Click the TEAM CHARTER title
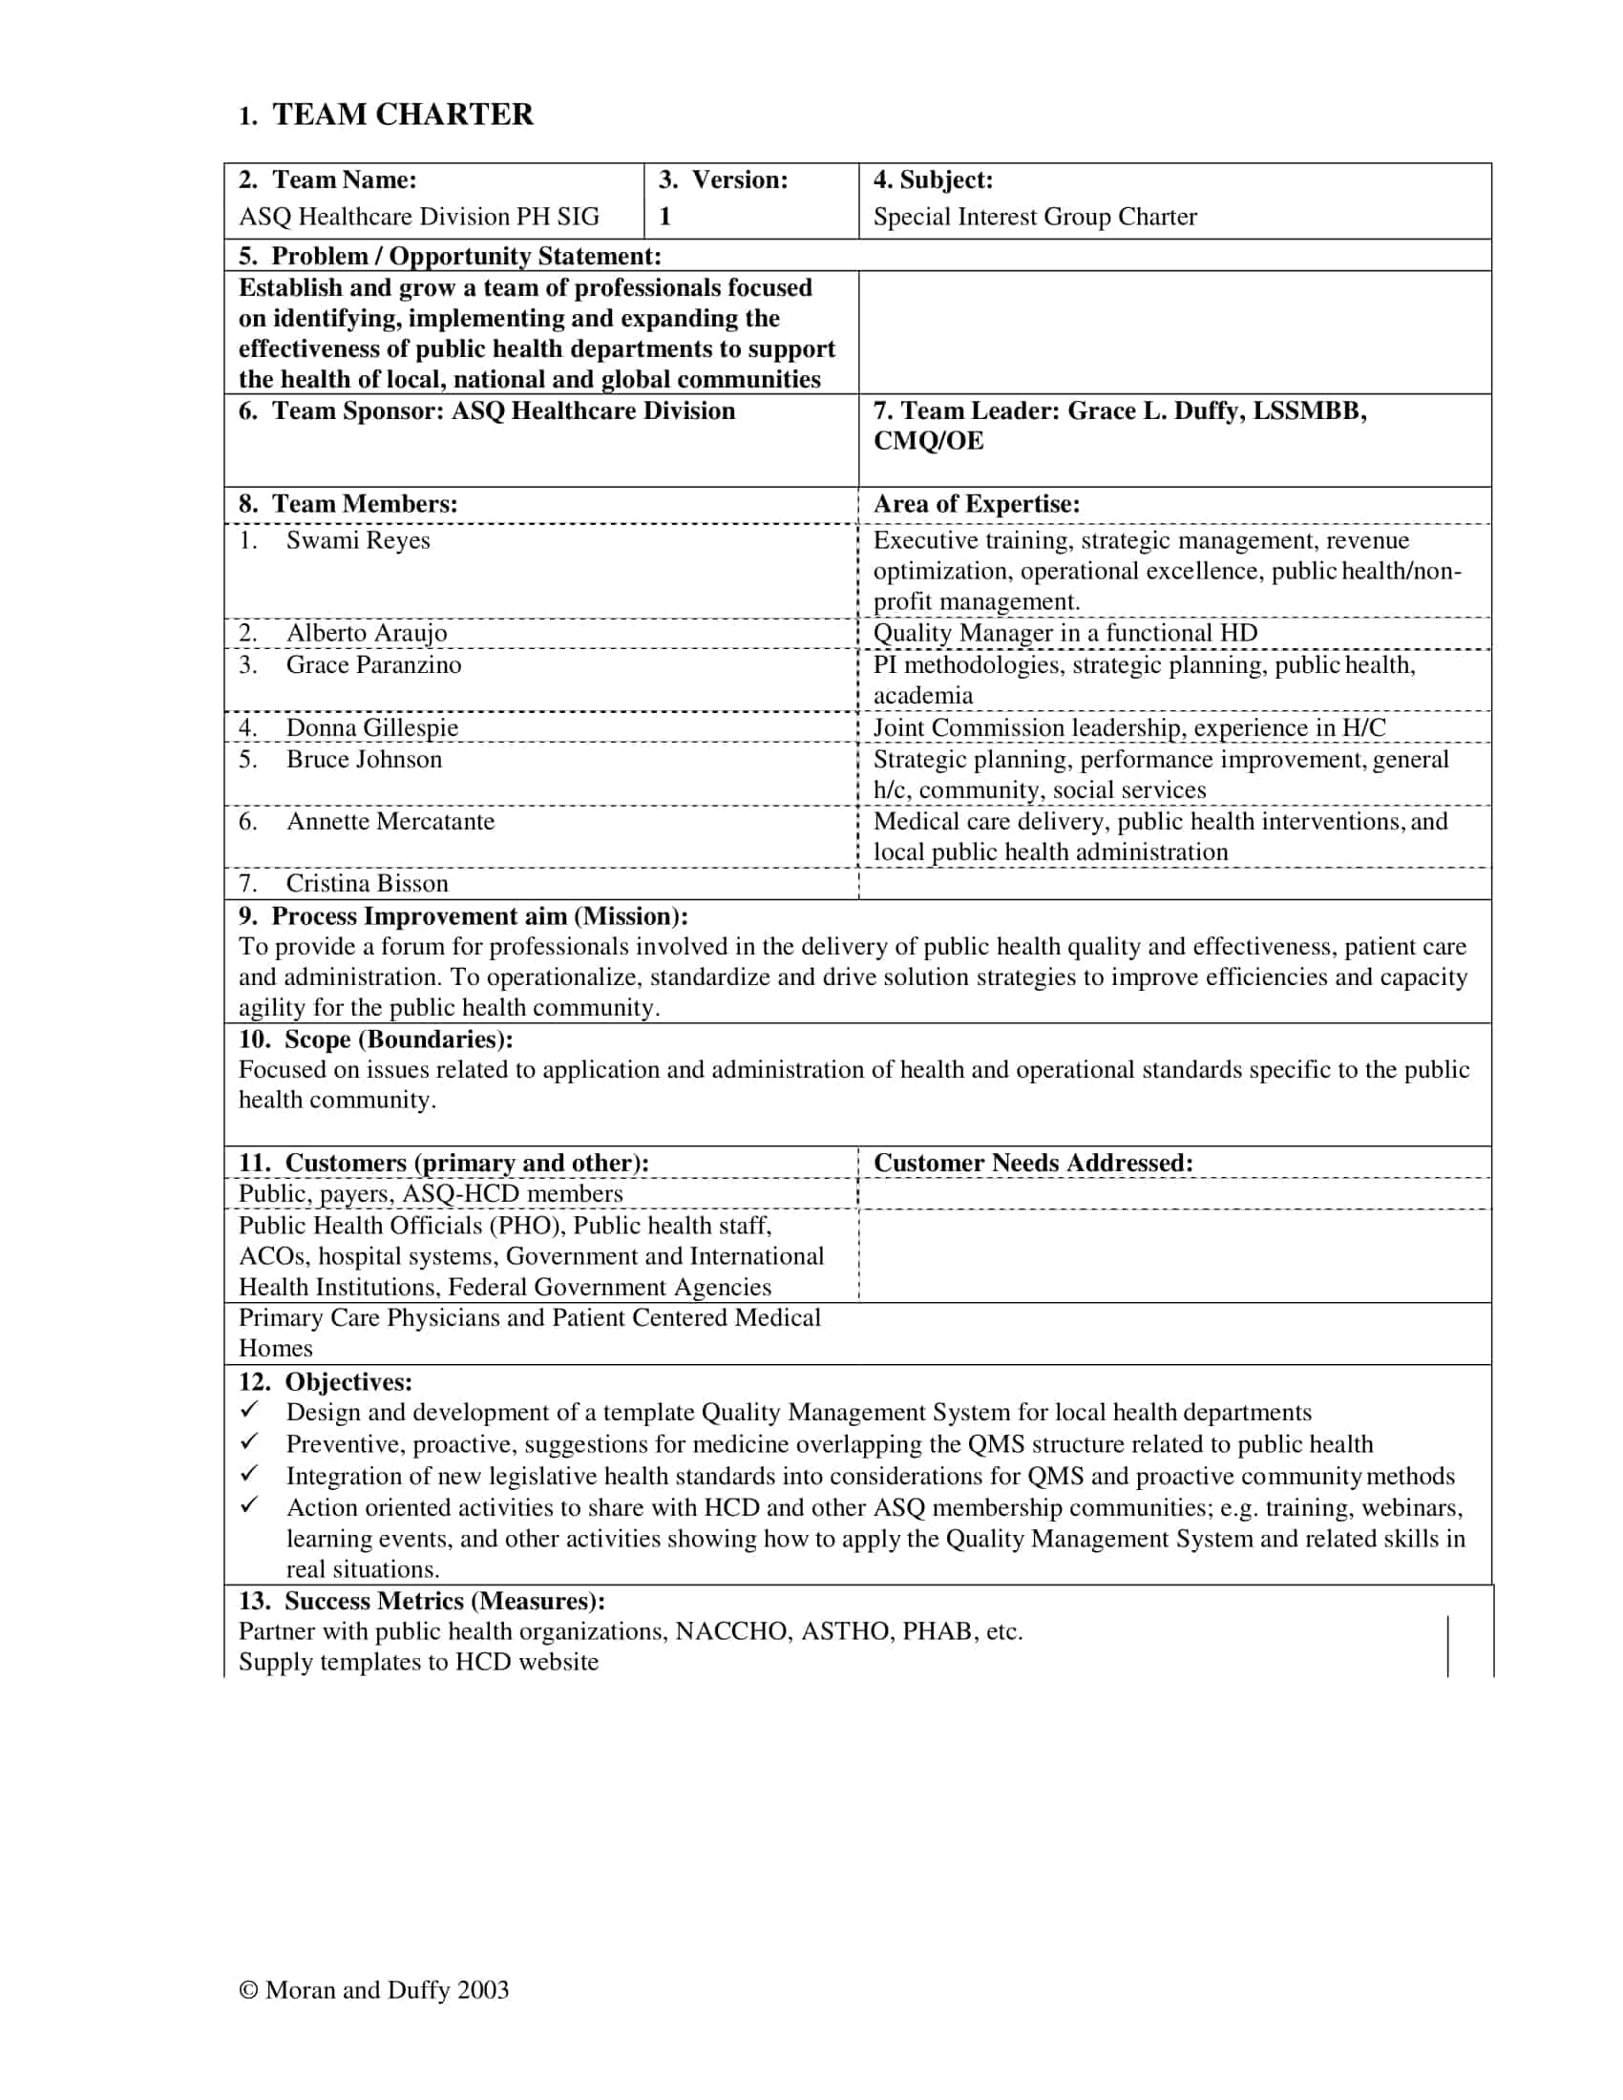tap(402, 115)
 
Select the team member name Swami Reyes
tap(358, 540)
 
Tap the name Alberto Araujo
tap(367, 633)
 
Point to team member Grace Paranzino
tap(373, 664)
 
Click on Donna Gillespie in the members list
tap(372, 727)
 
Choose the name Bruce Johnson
tap(364, 759)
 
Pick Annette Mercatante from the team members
tap(390, 821)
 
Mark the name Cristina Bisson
tap(367, 883)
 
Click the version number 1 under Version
tap(664, 217)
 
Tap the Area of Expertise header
tap(976, 504)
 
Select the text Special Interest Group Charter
tap(1035, 217)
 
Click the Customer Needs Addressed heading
tap(1033, 1163)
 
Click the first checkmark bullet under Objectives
tap(249, 1411)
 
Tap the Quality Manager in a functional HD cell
tap(1064, 633)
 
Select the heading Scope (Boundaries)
tap(375, 1039)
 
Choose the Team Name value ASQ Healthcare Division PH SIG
tap(418, 217)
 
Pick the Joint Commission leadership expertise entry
tap(1128, 727)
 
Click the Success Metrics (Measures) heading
tap(421, 1600)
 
